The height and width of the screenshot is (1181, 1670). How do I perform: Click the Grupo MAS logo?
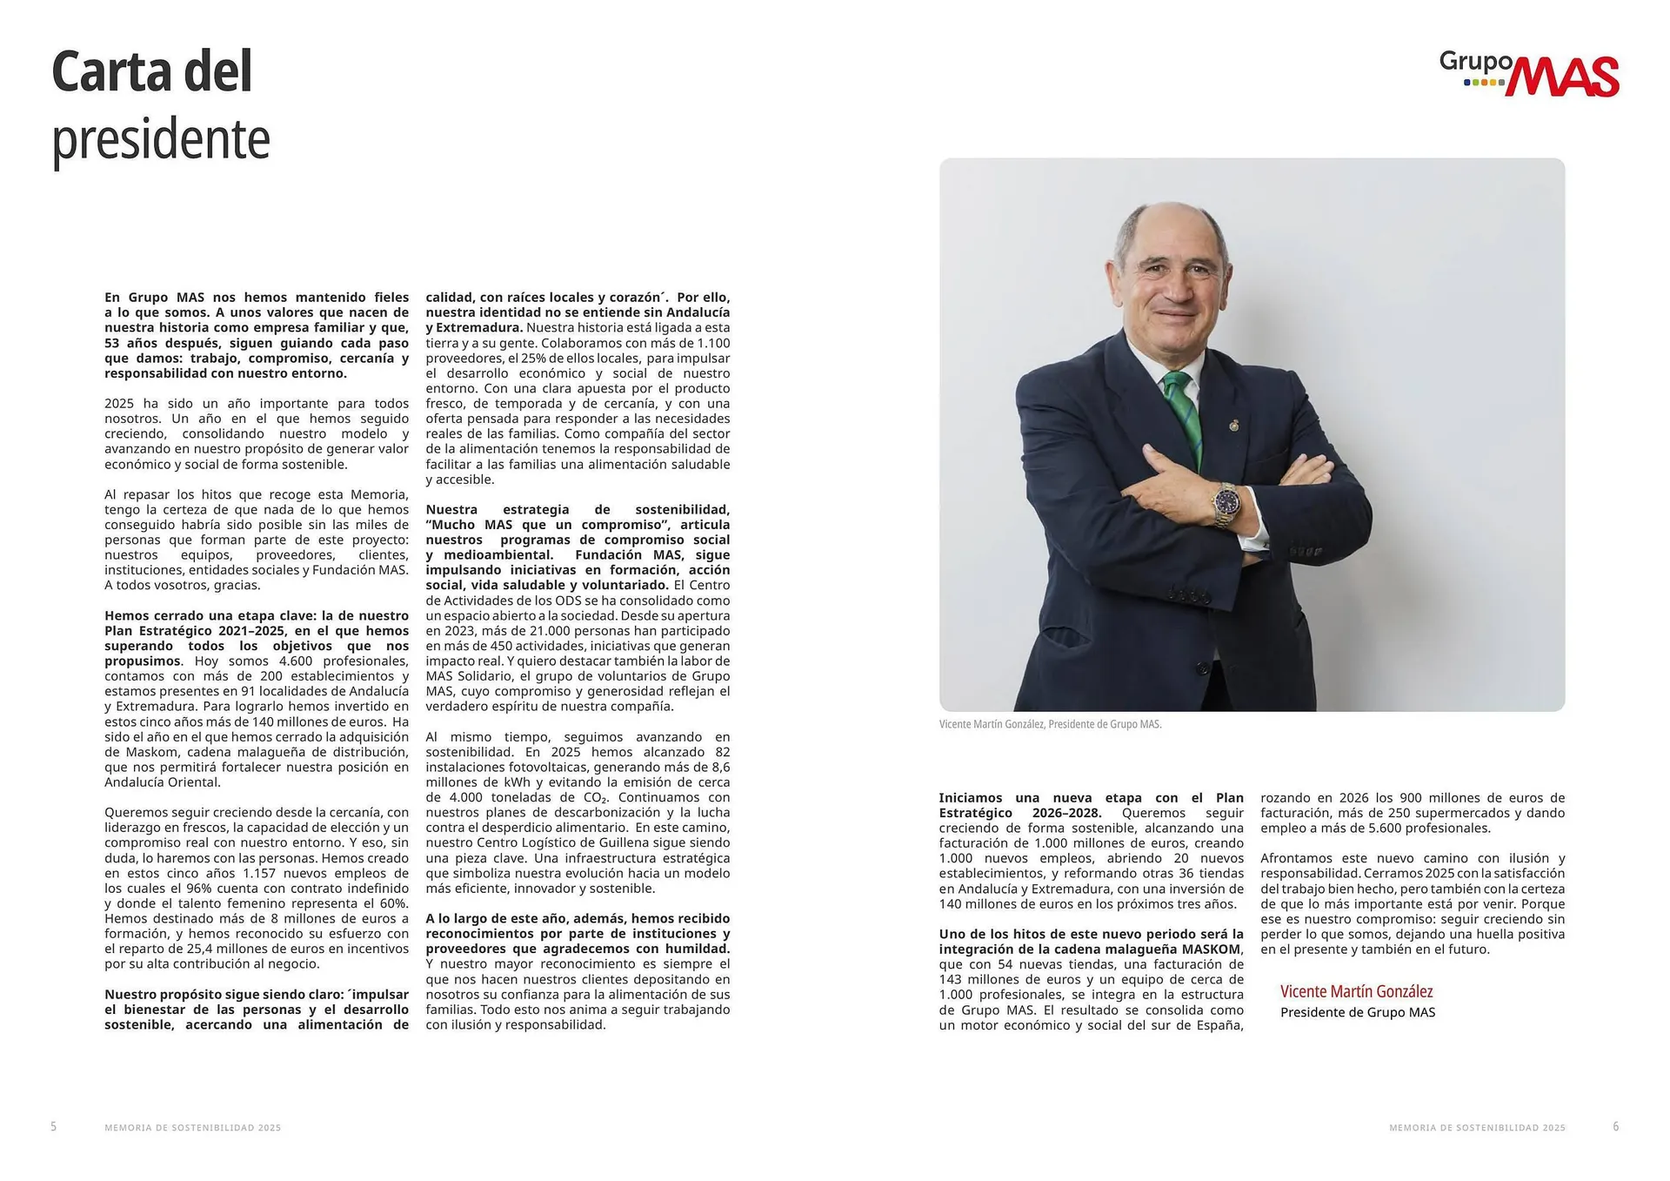coord(1529,74)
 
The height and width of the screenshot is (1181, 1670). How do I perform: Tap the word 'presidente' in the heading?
coord(161,139)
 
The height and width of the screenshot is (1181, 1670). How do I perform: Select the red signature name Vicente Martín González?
coord(1356,991)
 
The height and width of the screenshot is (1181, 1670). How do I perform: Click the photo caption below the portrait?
coord(1050,724)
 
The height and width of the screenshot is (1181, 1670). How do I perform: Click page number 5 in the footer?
coord(54,1126)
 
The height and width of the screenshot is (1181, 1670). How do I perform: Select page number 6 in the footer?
coord(1616,1126)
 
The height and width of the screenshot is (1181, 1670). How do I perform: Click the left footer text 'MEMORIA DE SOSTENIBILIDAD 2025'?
coord(192,1128)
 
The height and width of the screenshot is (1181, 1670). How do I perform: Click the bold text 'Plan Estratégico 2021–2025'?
coord(196,631)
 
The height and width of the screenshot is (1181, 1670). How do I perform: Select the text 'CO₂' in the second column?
coord(595,798)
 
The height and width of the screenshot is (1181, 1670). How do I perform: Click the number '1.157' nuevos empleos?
coord(259,874)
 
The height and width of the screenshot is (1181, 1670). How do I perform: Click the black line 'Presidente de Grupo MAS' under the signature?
coord(1357,1013)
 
